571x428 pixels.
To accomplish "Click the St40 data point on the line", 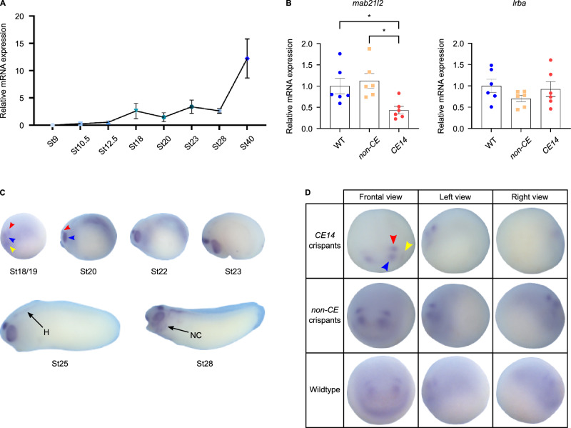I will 247,58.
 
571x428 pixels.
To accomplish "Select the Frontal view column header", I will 378,195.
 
